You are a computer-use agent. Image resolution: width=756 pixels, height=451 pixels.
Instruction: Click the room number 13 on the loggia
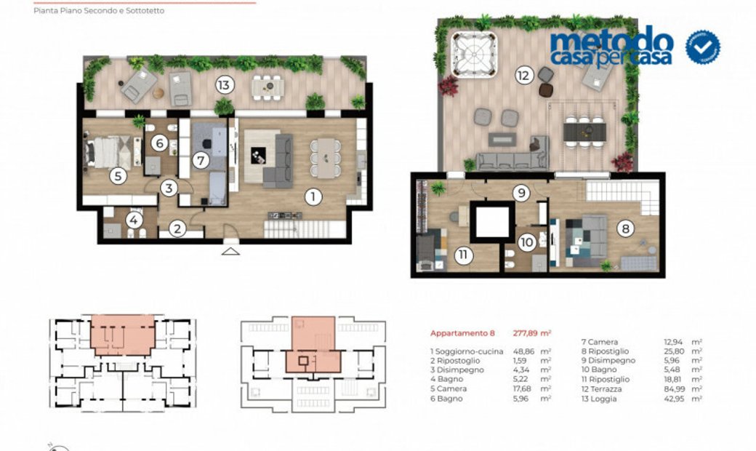coord(224,86)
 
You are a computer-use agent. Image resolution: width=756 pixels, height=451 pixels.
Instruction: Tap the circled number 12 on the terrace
coord(522,74)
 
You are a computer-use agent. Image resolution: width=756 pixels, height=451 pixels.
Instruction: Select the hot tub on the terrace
coord(474,53)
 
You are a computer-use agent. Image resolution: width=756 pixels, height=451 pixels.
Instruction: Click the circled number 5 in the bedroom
coord(118,175)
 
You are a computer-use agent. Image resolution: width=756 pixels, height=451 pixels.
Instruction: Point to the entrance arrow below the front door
coord(230,252)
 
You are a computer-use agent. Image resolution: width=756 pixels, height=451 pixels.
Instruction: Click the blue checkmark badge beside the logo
coord(702,47)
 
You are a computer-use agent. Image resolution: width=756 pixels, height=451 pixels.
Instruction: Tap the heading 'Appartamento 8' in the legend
coord(462,333)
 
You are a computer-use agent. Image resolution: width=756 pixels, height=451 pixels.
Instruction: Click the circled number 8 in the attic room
coord(625,228)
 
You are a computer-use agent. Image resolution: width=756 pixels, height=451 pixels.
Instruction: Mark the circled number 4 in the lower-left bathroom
coord(134,218)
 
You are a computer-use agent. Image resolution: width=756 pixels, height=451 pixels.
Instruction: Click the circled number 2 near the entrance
coord(177,228)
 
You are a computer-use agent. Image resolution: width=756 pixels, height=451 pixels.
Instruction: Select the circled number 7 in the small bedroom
coord(202,159)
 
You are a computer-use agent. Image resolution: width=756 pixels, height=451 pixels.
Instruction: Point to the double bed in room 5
coord(108,153)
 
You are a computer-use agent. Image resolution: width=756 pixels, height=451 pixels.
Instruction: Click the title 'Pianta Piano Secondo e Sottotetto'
coord(99,11)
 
